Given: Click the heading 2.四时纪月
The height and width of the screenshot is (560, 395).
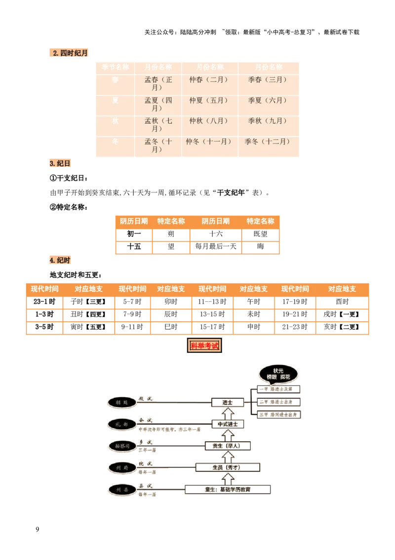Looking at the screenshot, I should coord(69,53).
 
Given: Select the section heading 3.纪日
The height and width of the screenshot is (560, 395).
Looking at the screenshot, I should coord(60,163).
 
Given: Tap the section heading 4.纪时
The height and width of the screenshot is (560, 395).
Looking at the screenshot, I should coord(60,260).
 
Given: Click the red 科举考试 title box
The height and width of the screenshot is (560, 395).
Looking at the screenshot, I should coord(204,346).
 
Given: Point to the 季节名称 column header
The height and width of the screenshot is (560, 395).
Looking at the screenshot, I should coord(115,67).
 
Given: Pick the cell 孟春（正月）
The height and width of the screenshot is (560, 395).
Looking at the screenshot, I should coord(158,84).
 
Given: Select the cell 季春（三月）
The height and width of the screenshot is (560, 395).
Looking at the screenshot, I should coord(268,80).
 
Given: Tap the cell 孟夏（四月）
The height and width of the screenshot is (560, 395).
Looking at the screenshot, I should coord(158,104).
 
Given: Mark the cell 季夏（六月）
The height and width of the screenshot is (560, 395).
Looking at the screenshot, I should coord(268,100).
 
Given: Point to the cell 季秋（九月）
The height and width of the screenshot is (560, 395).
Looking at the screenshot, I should coord(268,121).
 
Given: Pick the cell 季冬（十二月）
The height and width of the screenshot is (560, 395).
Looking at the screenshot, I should coord(268,141).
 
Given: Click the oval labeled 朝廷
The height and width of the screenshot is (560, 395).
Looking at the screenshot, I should coord(121,403).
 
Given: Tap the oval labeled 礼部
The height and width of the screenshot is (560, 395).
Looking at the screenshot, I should coord(121,424).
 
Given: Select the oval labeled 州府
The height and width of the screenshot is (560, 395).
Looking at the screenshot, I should coord(121,467).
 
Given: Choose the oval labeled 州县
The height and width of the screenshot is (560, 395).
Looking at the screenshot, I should coord(121,490).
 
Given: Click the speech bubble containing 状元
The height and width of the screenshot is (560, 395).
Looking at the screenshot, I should coord(278,374).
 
